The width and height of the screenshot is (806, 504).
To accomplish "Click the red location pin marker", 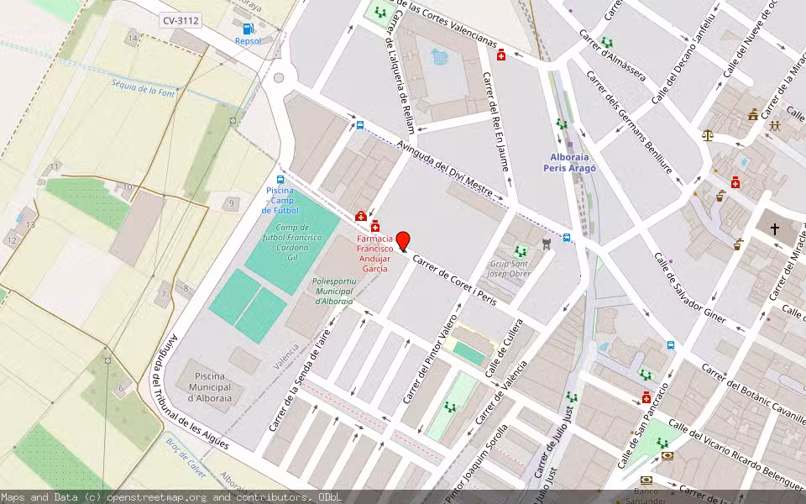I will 402,241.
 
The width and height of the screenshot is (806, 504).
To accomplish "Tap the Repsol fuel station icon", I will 248,29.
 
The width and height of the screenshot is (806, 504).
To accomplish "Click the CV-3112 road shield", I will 182,20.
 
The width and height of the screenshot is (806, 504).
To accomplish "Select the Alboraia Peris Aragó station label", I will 573,162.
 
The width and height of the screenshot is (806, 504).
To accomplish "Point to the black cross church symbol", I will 774,228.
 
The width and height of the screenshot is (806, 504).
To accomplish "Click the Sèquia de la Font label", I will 143,87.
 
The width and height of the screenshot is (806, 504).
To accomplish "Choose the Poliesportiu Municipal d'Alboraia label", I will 332,291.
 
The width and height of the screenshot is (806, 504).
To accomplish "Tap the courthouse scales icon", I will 707,134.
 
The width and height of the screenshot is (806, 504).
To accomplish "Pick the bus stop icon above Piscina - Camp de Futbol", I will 280,180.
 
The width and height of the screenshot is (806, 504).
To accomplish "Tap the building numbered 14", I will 132,39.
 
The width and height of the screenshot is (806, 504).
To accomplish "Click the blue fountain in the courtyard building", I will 439,57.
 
